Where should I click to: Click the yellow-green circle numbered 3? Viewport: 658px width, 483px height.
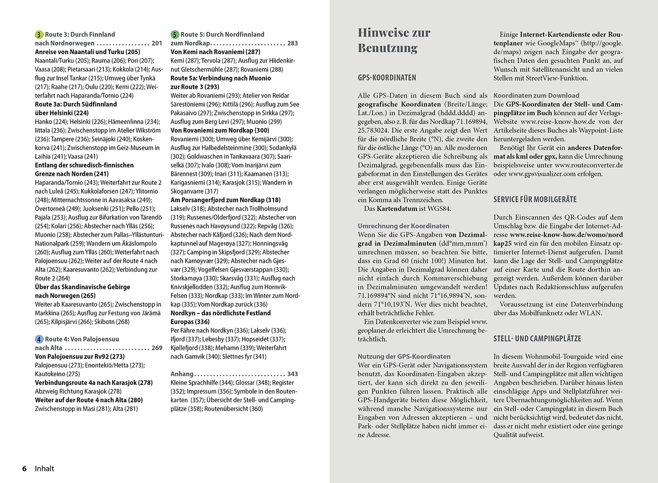(39, 35)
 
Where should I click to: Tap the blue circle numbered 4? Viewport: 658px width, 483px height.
(39, 340)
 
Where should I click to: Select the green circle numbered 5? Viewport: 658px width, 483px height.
(175, 35)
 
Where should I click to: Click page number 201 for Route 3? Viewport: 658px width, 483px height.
(157, 43)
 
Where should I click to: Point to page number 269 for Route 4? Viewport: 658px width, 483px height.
(157, 348)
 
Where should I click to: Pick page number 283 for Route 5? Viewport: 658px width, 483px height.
(292, 43)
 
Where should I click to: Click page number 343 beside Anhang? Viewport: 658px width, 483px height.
(292, 374)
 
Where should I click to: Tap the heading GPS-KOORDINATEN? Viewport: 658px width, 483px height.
(386, 78)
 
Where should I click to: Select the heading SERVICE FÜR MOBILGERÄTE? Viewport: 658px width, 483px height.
(535, 199)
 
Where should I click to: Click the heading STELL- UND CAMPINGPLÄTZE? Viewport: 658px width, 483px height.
(537, 339)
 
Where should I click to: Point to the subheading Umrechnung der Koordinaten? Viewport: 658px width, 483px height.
(403, 226)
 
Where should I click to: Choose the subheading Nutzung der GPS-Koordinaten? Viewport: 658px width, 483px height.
(404, 356)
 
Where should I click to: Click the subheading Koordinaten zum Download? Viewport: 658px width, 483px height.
(536, 96)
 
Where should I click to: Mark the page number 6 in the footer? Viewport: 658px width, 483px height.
(24, 469)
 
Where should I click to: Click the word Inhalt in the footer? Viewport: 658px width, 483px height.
(44, 469)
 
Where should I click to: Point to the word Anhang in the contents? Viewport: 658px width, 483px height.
(182, 374)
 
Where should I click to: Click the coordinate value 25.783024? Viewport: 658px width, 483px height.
(373, 130)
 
